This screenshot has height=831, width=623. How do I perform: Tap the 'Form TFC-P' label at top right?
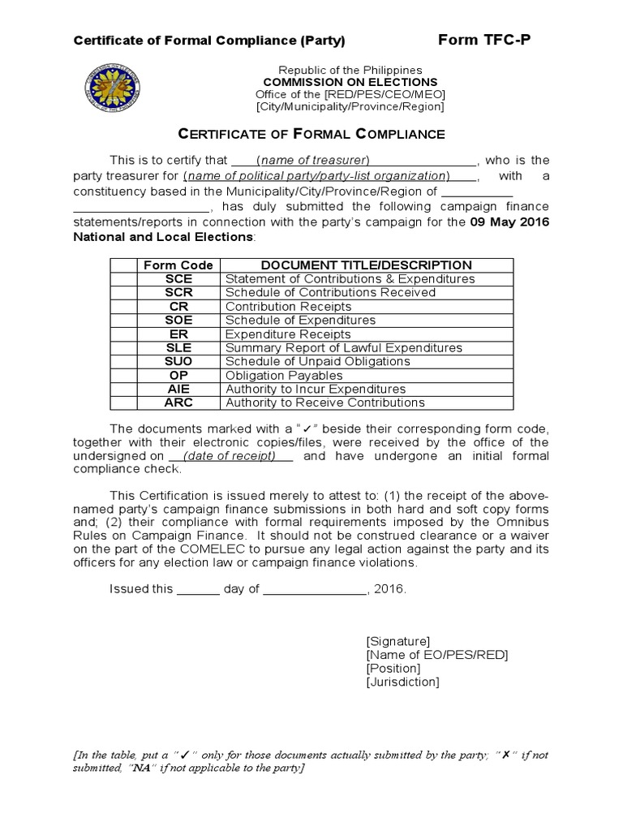484,40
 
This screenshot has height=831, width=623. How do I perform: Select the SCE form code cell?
178,278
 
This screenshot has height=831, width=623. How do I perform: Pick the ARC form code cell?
178,403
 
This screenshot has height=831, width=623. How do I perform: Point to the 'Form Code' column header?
178,265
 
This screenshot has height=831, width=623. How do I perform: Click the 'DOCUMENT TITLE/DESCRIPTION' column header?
366,265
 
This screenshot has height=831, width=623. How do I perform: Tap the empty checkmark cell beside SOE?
123,320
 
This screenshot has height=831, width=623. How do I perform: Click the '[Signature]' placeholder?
398,640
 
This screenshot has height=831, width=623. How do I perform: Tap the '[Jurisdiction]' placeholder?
402,682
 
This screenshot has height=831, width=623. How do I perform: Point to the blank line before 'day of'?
198,589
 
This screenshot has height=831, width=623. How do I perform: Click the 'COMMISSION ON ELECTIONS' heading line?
350,82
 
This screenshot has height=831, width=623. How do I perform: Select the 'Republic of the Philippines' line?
350,70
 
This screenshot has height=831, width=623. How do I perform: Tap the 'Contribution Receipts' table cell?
288,306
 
